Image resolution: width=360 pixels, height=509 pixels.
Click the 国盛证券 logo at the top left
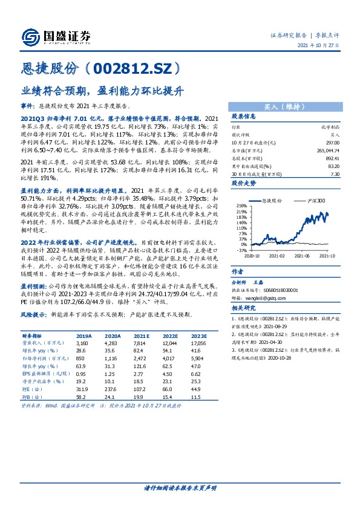[55, 37]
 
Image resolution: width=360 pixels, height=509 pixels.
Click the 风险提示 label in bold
[33, 315]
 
